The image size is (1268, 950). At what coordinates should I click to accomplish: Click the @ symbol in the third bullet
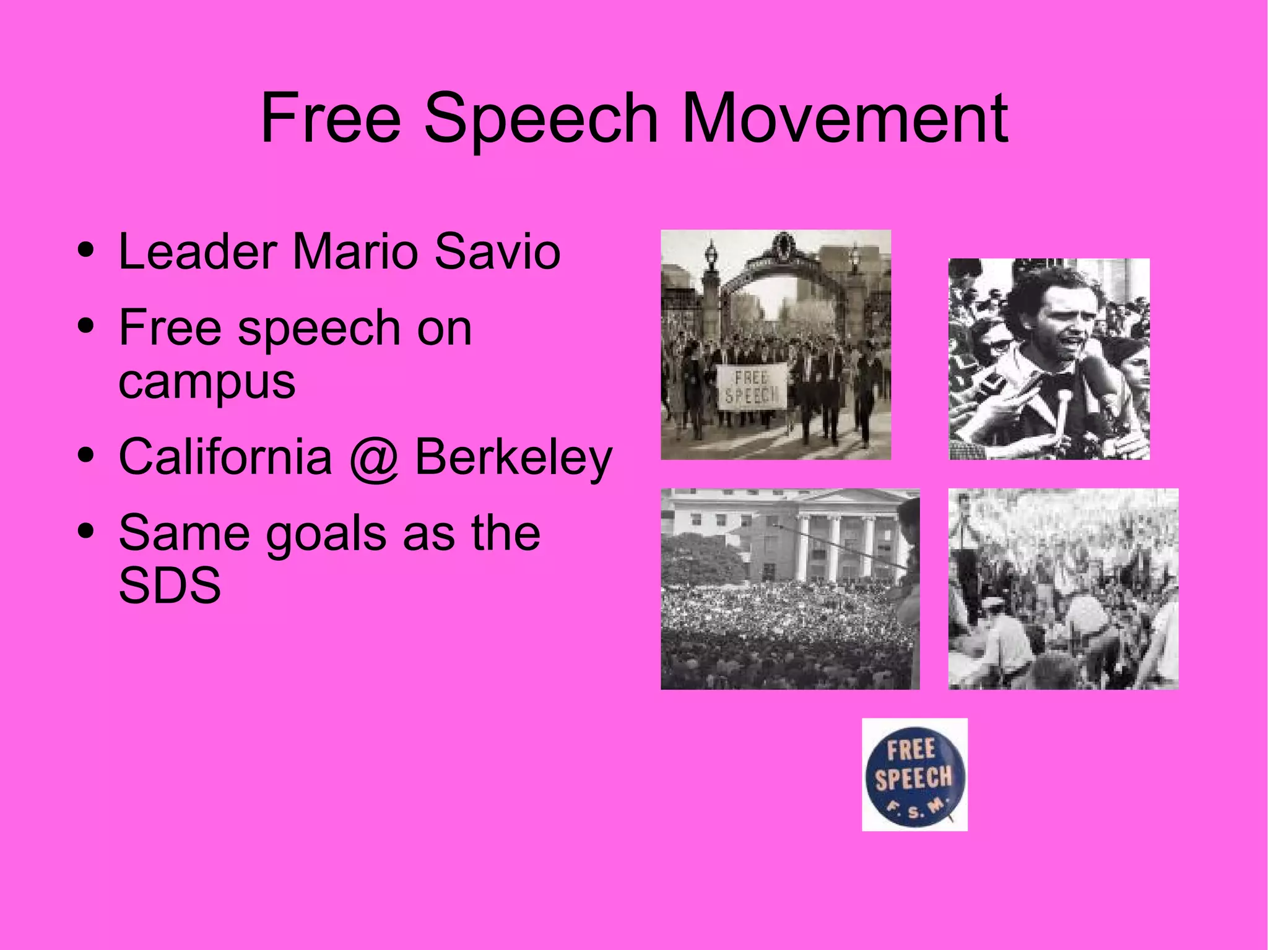point(373,458)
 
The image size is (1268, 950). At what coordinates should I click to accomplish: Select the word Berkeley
point(513,458)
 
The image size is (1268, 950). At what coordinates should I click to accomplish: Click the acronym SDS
point(170,585)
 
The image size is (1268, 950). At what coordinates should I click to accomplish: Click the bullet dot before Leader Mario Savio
point(86,252)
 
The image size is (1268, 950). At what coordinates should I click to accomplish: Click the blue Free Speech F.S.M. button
point(914,774)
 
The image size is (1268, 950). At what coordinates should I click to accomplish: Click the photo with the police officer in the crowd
point(1063,589)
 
